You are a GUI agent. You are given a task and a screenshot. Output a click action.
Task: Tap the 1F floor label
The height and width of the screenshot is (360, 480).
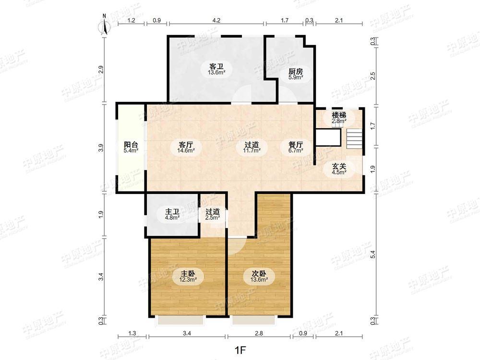tap(240, 350)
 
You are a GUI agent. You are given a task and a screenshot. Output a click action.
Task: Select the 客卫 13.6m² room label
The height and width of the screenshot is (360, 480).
tap(216, 69)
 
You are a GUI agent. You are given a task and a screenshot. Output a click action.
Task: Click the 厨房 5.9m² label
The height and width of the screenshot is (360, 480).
tap(296, 74)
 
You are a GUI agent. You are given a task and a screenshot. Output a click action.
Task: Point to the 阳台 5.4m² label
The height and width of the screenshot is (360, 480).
tap(131, 147)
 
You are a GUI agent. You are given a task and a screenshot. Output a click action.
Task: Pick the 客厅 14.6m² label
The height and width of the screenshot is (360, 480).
tap(186, 147)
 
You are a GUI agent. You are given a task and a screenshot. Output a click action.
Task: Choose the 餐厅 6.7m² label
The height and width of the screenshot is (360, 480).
tap(296, 147)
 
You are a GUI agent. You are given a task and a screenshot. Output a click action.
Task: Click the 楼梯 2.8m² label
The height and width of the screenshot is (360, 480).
tap(339, 118)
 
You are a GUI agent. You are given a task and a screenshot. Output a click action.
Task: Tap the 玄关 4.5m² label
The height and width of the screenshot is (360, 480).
tap(339, 169)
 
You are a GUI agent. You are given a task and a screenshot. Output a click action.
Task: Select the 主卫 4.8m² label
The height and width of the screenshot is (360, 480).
tap(172, 215)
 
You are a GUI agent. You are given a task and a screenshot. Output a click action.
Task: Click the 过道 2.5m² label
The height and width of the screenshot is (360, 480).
tap(213, 215)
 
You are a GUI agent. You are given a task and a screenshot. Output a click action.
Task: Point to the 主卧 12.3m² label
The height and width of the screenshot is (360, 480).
tap(188, 276)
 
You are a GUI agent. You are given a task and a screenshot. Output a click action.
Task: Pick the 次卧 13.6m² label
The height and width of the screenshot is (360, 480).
tap(259, 276)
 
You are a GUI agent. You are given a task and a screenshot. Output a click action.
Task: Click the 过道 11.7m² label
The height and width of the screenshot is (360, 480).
tap(252, 147)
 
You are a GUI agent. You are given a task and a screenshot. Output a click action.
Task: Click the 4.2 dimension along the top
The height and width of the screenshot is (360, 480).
tap(216, 21)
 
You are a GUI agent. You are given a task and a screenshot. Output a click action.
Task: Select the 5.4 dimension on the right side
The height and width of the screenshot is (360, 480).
tap(372, 254)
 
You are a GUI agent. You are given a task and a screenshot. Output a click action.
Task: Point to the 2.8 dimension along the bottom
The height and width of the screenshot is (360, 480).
tap(259, 334)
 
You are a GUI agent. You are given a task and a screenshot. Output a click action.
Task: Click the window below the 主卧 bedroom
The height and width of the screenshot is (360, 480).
tap(180, 320)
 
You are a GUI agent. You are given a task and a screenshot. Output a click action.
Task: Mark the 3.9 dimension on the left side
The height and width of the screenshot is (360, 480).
tap(102, 148)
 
